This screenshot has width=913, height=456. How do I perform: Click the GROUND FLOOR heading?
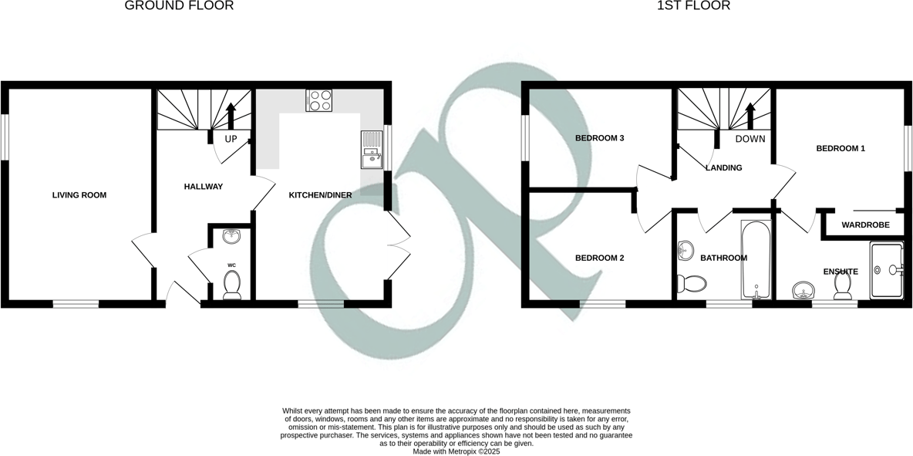point(179,6)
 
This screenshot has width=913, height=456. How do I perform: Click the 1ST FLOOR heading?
point(693,6)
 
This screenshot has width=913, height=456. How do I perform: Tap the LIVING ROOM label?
point(79,195)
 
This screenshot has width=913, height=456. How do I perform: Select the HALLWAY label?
point(204,187)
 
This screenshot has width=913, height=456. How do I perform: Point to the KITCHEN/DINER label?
point(320,195)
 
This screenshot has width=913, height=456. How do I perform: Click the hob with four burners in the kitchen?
point(320,101)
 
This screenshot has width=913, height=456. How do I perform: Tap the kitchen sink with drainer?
point(371,150)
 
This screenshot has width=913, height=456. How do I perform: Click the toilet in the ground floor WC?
point(231,285)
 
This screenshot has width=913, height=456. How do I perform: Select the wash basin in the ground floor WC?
point(231,236)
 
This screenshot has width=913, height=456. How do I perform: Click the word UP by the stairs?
point(231,140)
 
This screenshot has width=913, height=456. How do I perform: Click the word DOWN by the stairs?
point(750,140)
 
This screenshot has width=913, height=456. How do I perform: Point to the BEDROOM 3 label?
point(599,138)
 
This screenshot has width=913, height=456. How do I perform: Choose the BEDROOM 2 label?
point(599,258)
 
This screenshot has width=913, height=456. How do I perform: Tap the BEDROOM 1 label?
point(841,148)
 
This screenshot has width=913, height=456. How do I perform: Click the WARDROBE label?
point(865,225)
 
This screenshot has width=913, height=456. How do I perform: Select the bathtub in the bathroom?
point(756,261)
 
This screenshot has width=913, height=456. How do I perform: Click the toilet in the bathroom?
point(690,284)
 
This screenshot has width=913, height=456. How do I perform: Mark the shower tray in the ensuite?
point(886,270)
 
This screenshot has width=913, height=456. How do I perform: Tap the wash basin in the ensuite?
point(804,291)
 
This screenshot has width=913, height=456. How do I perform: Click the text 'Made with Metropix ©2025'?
point(456,451)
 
